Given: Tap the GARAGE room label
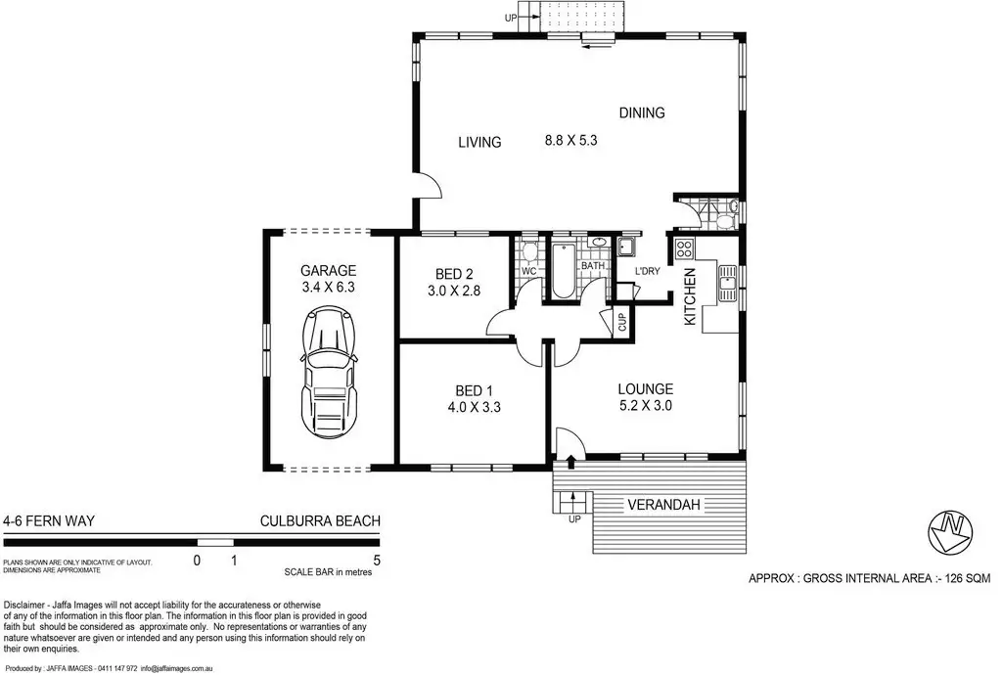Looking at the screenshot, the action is [329, 271].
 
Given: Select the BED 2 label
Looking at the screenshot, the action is [454, 275].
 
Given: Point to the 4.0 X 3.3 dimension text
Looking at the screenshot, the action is [475, 407].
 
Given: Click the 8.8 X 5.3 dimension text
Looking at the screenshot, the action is [570, 141].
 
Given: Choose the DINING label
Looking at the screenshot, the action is [642, 113].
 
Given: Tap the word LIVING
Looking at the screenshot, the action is [479, 143].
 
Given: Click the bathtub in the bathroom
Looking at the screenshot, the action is [563, 270].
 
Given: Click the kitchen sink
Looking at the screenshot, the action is [727, 284].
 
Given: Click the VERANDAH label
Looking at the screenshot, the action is [663, 505].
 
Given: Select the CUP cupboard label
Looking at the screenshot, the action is [622, 321].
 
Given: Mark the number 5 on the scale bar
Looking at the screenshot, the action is [377, 561].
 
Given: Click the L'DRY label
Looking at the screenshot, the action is [648, 271].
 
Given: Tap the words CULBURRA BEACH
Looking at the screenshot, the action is [320, 521].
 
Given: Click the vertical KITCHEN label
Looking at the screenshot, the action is [690, 296].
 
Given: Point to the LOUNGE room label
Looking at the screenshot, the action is [646, 389].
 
